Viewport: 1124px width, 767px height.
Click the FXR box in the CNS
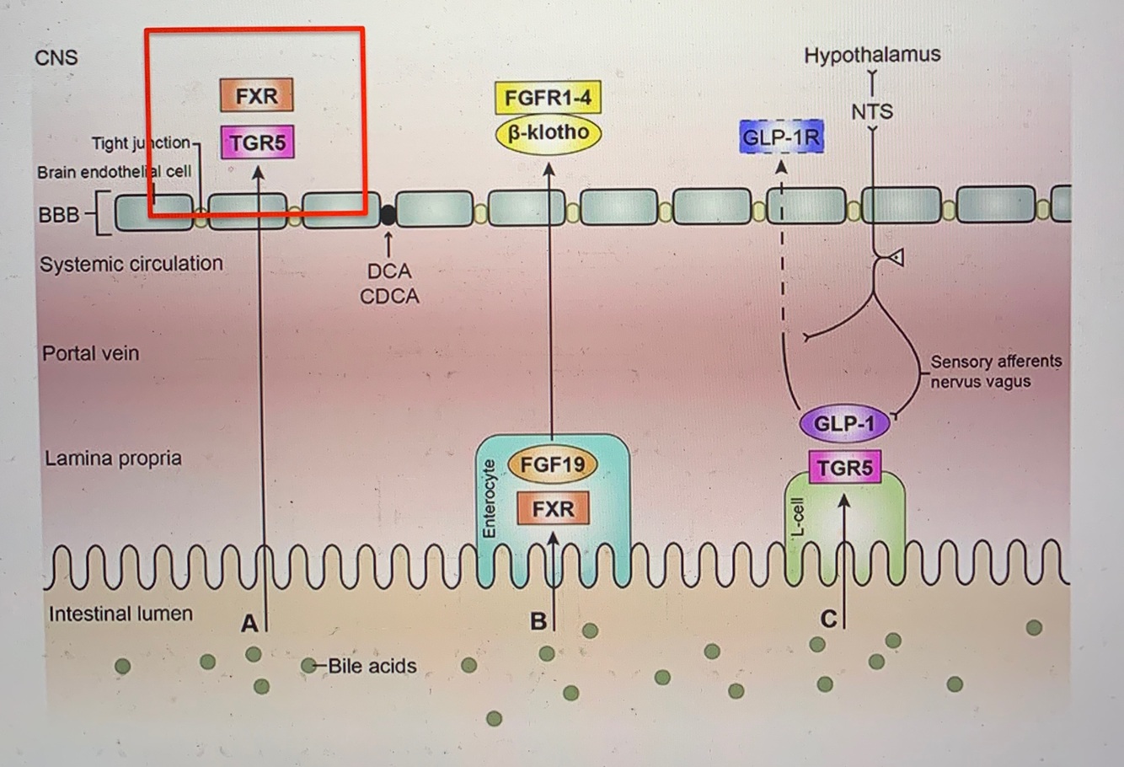click(x=256, y=95)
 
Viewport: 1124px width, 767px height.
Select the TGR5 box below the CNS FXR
click(x=257, y=142)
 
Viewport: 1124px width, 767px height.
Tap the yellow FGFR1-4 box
click(x=548, y=98)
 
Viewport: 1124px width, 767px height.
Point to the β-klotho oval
click(x=548, y=133)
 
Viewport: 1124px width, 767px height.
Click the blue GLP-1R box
click(x=780, y=137)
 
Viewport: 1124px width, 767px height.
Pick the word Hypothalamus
click(x=872, y=55)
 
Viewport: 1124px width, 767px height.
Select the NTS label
click(x=872, y=111)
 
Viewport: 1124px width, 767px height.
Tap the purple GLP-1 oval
click(x=843, y=423)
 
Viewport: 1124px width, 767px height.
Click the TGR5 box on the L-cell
click(x=844, y=467)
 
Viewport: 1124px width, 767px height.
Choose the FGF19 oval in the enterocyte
click(x=552, y=464)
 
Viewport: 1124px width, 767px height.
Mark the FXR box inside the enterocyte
click(x=552, y=508)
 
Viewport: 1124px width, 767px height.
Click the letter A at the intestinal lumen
click(x=249, y=624)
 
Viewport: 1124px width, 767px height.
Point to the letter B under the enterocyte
click(x=538, y=622)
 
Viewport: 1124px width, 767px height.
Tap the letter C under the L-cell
click(x=827, y=620)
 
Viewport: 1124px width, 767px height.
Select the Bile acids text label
click(x=372, y=666)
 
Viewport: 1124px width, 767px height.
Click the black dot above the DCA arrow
click(x=388, y=214)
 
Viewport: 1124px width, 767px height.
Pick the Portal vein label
click(x=90, y=353)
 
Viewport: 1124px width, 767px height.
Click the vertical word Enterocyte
click(x=488, y=498)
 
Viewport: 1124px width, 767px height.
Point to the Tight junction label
click(x=141, y=143)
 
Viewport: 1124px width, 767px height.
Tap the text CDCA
click(x=389, y=297)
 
